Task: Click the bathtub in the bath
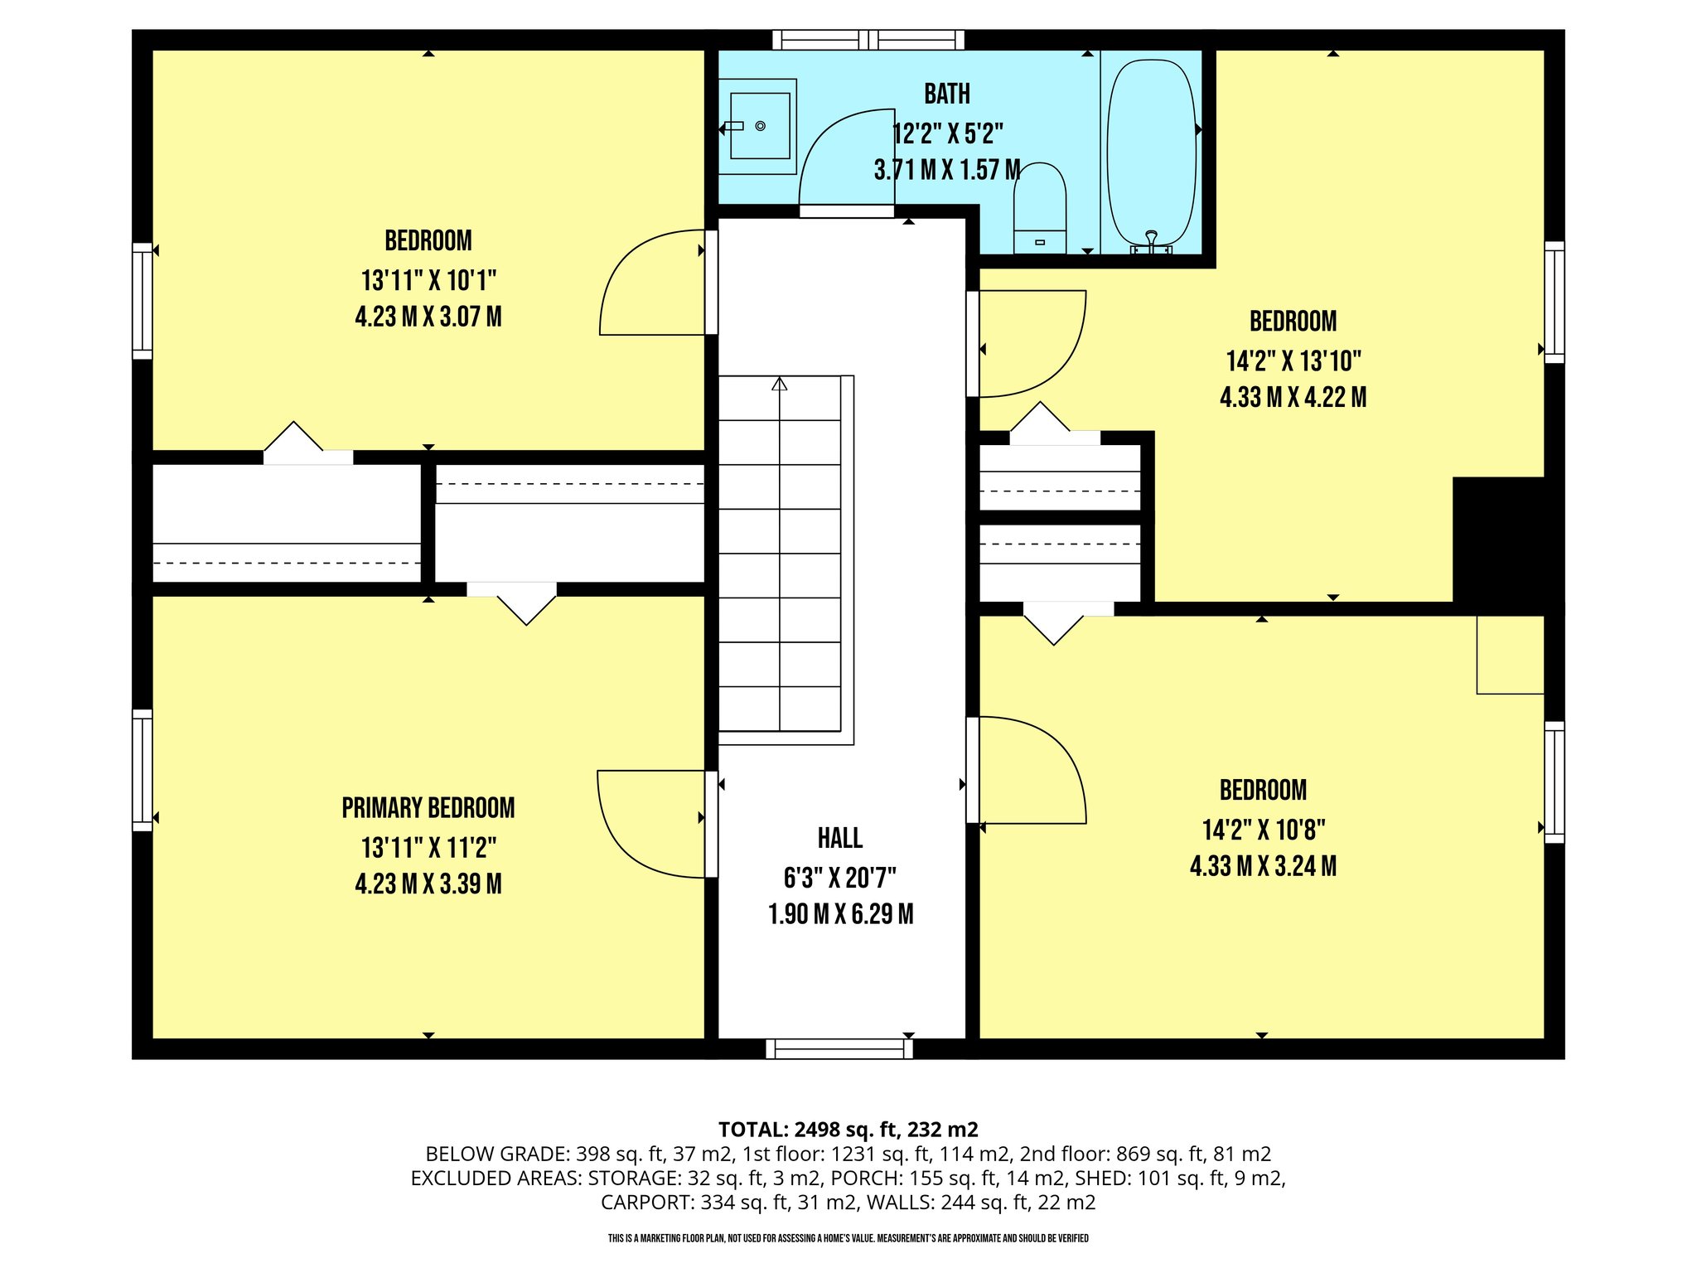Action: pos(1152,153)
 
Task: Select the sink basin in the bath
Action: pos(759,126)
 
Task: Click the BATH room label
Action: pos(947,94)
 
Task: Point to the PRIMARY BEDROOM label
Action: pos(428,808)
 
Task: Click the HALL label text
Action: pos(840,839)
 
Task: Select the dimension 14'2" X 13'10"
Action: pos(1293,361)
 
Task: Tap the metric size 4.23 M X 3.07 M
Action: pos(428,317)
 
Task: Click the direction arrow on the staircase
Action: pos(779,385)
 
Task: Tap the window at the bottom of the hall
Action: pos(839,1048)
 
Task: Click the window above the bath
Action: pos(868,40)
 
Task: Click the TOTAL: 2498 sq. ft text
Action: pos(848,1130)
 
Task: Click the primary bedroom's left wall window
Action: pos(143,770)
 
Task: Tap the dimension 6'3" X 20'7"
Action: pos(840,877)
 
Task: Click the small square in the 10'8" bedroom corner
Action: pos(1510,655)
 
